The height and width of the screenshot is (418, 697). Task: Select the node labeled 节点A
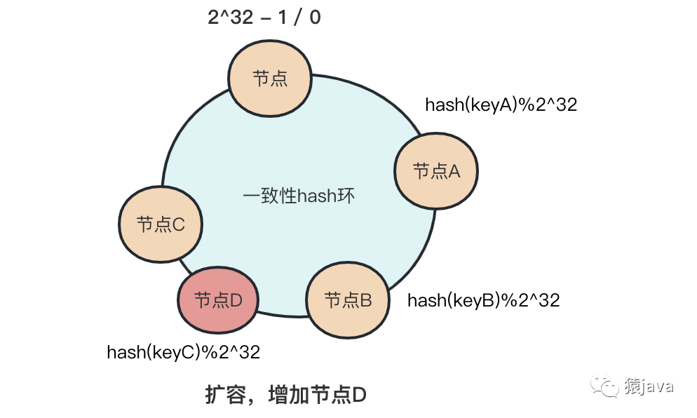tap(436, 171)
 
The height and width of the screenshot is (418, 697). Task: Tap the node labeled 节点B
tap(348, 301)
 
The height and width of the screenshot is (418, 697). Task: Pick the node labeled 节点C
tap(161, 225)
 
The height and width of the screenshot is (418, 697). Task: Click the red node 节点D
tap(218, 301)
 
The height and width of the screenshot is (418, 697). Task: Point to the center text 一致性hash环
tap(299, 196)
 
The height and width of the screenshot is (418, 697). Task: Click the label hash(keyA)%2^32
tap(501, 104)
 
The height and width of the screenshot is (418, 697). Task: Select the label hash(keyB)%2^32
tap(483, 301)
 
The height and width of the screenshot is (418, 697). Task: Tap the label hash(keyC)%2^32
tap(183, 352)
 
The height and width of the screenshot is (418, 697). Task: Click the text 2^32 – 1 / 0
tap(264, 18)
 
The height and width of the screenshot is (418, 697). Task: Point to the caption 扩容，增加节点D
tap(285, 395)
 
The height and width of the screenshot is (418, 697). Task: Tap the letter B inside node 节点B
tap(365, 301)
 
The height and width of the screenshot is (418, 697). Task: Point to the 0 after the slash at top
tap(314, 18)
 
